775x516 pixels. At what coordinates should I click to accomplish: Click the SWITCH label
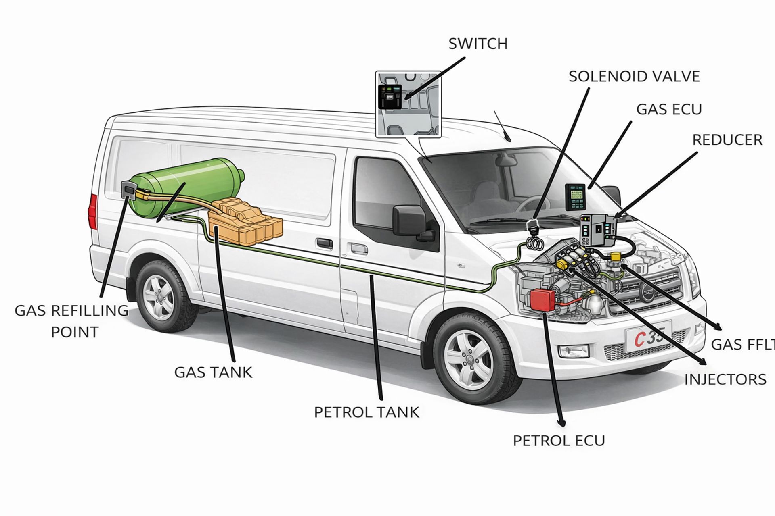478,44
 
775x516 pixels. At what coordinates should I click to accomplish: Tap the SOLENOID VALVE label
634,76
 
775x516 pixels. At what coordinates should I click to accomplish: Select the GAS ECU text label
669,109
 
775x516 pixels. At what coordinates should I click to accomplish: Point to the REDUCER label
727,140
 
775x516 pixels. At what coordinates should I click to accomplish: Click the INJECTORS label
725,379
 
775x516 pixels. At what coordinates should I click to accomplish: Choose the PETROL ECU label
559,441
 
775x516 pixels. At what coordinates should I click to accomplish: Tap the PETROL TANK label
367,412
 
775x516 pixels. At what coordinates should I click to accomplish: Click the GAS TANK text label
213,372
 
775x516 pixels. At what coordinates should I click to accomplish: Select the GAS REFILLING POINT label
72,321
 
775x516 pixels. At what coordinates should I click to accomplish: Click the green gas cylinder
182,185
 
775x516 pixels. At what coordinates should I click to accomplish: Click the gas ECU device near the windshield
575,197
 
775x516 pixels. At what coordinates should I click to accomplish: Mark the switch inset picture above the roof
408,104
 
